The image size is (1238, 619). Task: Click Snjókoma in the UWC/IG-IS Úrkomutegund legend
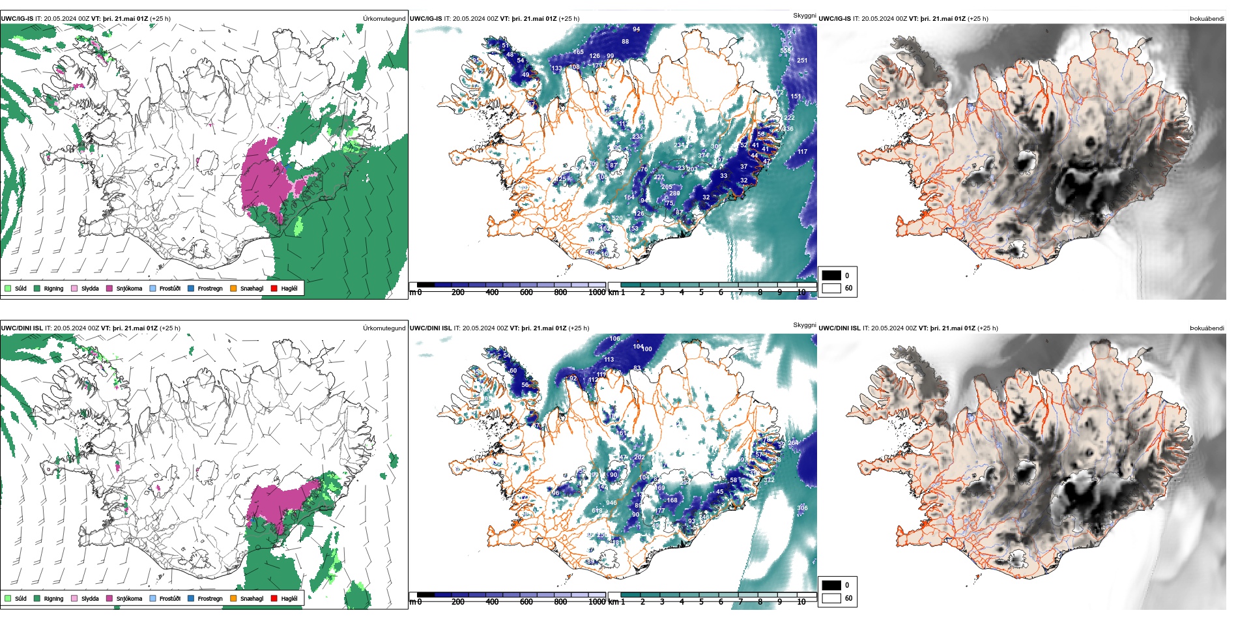click(129, 289)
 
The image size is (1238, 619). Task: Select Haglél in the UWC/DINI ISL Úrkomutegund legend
click(289, 599)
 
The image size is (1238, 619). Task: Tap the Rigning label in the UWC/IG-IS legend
click(53, 289)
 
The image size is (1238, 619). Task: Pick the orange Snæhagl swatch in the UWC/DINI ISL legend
click(233, 599)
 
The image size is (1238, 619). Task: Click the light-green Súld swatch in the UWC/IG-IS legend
click(8, 288)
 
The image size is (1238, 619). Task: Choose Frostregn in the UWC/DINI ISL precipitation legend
click(210, 599)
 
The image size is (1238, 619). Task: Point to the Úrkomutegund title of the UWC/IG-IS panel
click(384, 19)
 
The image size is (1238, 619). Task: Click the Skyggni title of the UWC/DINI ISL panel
click(804, 325)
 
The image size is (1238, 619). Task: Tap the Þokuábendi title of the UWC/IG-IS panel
click(1207, 19)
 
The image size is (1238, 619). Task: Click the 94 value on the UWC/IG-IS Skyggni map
click(637, 29)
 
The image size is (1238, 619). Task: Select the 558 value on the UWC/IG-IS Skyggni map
click(786, 51)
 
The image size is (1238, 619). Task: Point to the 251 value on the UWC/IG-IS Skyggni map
click(801, 61)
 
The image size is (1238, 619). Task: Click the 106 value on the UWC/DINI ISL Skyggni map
click(615, 339)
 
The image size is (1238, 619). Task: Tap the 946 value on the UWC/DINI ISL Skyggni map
click(611, 503)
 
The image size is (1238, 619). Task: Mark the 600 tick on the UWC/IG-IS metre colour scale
click(526, 293)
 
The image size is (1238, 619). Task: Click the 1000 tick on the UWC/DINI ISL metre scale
click(597, 602)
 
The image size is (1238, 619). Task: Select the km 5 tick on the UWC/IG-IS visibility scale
click(701, 293)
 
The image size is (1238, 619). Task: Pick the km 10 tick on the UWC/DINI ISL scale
click(801, 602)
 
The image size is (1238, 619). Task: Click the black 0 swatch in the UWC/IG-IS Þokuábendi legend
click(831, 276)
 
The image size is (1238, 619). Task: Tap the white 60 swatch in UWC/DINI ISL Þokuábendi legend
click(831, 598)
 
